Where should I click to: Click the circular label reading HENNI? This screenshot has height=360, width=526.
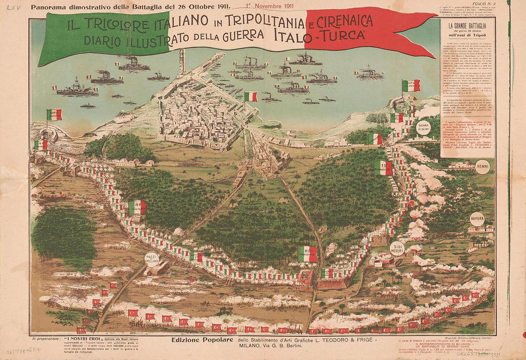[482, 166]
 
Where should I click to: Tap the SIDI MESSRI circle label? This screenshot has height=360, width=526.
[397, 248]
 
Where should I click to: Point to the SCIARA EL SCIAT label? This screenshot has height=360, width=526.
[423, 127]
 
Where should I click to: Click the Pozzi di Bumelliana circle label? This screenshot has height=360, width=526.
[151, 258]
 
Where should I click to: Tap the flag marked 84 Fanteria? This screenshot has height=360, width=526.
[138, 207]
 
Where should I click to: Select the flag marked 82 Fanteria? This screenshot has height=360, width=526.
[307, 254]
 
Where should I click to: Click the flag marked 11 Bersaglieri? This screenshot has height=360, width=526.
[384, 167]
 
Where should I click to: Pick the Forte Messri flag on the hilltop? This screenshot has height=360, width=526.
[411, 86]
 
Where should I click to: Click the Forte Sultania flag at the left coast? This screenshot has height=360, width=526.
[55, 115]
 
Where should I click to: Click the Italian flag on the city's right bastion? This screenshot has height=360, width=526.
[251, 97]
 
